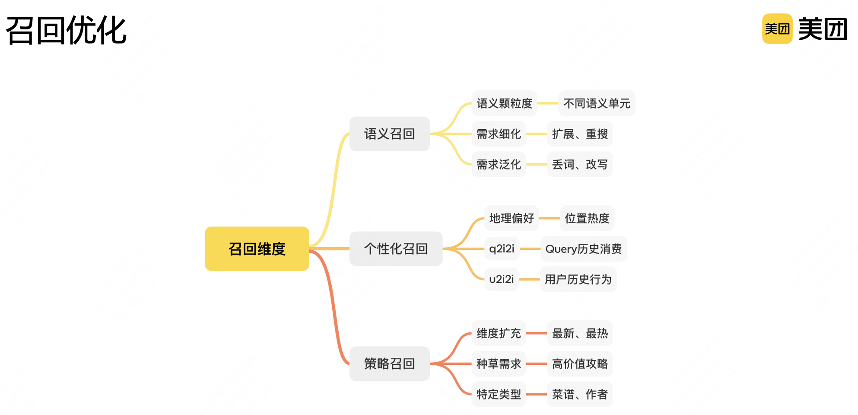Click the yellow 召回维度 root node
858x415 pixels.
[257, 249]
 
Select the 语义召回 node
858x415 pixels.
[389, 134]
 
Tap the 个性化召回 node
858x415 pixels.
[396, 249]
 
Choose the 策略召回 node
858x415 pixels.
[389, 364]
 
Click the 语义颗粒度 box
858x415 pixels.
[504, 103]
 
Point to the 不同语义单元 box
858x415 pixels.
[597, 103]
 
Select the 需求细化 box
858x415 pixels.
[499, 134]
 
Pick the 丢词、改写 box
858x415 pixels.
[579, 164]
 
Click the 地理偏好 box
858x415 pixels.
[512, 218]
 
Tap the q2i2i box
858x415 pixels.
[502, 249]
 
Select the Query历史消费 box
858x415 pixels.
[583, 249]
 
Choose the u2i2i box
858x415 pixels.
[501, 279]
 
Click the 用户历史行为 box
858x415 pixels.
[578, 279]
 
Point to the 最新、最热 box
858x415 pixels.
[579, 333]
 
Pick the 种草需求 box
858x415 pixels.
[499, 364]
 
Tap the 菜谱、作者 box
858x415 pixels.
[579, 394]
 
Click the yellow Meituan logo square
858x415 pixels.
[777, 29]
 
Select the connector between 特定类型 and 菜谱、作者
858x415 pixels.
[537, 394]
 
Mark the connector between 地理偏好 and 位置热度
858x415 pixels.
[550, 218]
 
